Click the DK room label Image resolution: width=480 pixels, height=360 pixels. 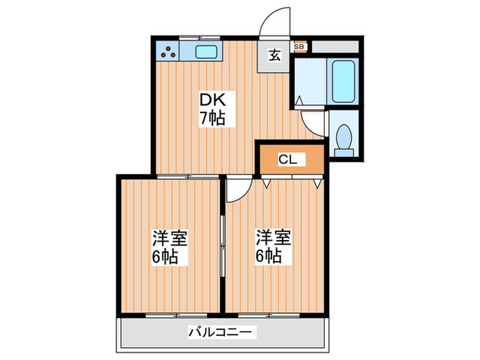[x=212, y=98]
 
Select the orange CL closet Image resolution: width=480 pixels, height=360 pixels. [x=289, y=160]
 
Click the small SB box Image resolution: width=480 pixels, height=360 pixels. [x=300, y=47]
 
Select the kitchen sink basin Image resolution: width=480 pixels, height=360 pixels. [x=206, y=51]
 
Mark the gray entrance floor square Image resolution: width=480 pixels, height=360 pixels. [x=274, y=56]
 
